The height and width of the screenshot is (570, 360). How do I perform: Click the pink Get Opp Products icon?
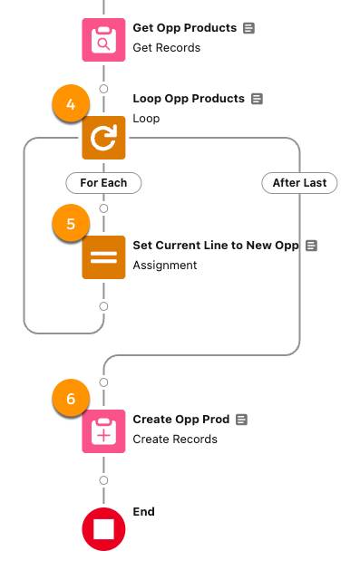coord(103,39)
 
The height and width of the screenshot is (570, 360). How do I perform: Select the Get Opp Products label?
coord(185,28)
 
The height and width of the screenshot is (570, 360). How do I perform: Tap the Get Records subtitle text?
coord(166,47)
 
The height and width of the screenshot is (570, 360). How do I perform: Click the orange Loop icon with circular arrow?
coord(103,139)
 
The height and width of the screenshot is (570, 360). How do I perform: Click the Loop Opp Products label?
coord(189,99)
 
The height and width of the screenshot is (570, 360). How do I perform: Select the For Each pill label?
coord(103,182)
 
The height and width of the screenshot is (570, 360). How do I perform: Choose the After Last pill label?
coord(299,182)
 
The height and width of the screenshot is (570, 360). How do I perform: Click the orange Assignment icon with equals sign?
coord(103,256)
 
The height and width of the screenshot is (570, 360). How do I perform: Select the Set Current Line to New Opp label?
coord(216,246)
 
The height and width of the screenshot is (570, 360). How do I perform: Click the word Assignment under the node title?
coord(164,265)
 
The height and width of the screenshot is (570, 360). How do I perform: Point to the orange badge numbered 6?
coord(72,400)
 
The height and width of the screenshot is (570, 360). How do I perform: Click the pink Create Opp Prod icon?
coord(103,430)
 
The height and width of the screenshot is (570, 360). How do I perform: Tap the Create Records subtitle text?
coord(175,439)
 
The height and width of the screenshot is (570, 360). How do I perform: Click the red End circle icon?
coord(103,529)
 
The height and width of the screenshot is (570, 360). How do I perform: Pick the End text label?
coord(143,512)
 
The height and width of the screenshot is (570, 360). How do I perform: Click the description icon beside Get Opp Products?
coord(249,28)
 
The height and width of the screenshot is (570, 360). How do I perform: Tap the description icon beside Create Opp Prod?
coord(241,420)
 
